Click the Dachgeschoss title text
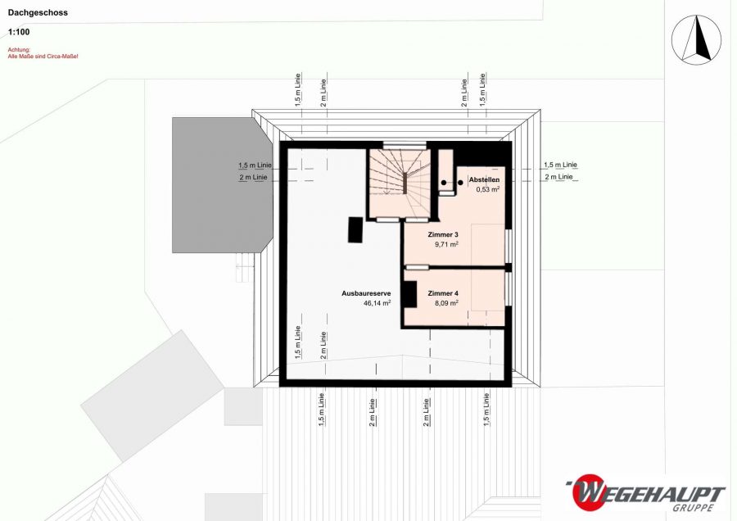[x=38, y=12]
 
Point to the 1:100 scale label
[x=19, y=32]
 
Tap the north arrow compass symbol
[x=696, y=40]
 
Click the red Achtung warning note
[x=43, y=52]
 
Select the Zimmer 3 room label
[x=443, y=234]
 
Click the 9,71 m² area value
[x=446, y=244]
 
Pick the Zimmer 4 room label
[x=443, y=293]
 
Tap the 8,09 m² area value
[x=446, y=303]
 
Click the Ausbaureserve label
[x=366, y=293]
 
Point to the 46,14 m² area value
[x=377, y=303]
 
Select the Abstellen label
[x=484, y=179]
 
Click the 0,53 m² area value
[x=487, y=189]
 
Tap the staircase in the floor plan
[x=400, y=183]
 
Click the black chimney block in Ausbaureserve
[x=355, y=229]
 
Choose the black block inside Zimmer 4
[x=410, y=294]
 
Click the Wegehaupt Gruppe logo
[x=646, y=493]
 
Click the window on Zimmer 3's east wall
[x=508, y=246]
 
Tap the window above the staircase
[x=405, y=145]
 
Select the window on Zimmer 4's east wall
[x=508, y=288]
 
